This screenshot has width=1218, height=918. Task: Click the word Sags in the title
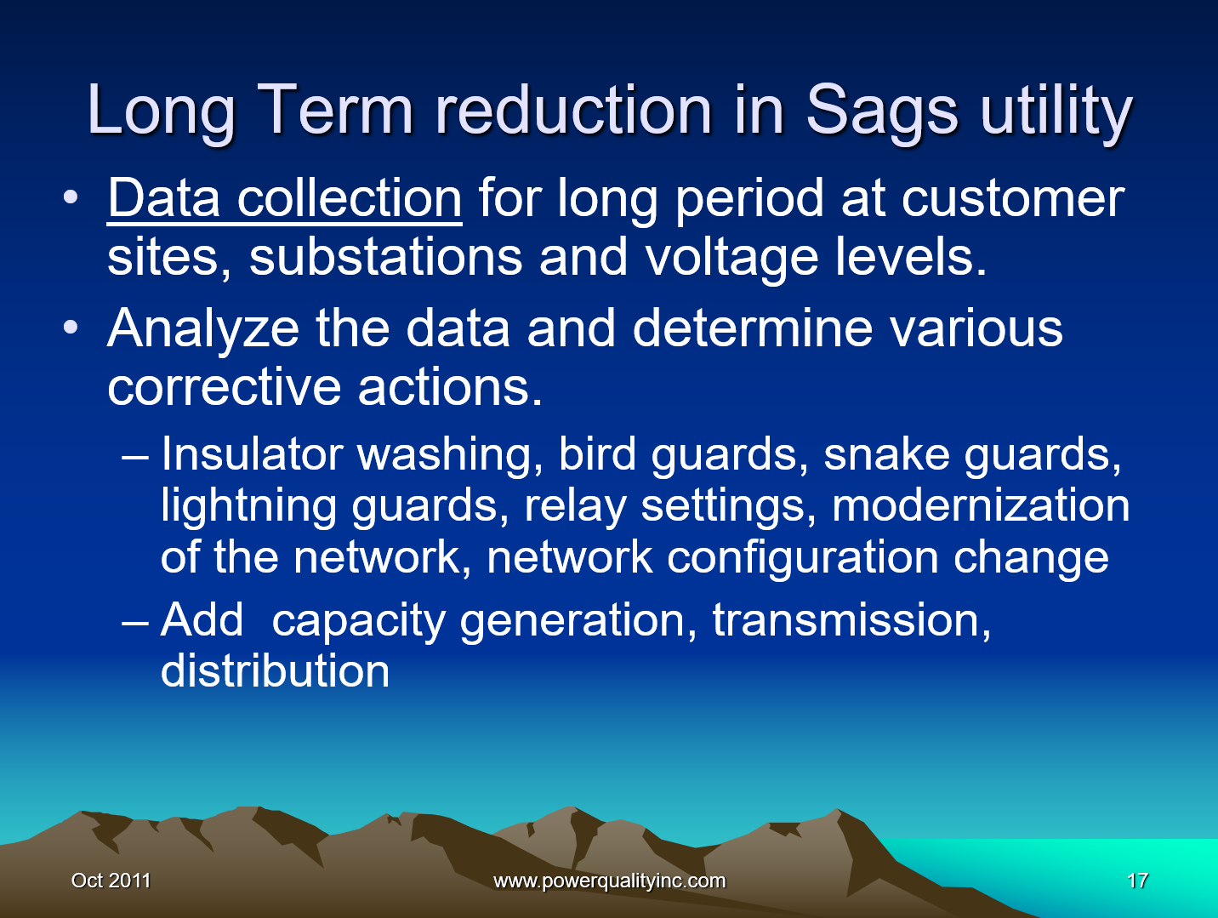click(882, 111)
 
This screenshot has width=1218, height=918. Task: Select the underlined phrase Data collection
click(285, 199)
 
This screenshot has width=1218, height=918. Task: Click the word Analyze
click(203, 328)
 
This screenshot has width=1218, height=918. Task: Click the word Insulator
click(252, 453)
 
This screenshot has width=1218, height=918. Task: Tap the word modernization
click(981, 505)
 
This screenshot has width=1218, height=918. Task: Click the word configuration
click(803, 557)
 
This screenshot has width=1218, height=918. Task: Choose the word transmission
click(851, 619)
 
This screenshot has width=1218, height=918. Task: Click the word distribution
click(275, 671)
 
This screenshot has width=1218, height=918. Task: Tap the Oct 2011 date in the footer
click(111, 881)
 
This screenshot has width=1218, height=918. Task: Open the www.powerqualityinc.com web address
click(609, 881)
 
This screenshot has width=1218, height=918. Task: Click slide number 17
click(1137, 881)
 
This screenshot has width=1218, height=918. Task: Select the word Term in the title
click(335, 111)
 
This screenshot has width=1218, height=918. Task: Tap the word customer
click(1012, 199)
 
